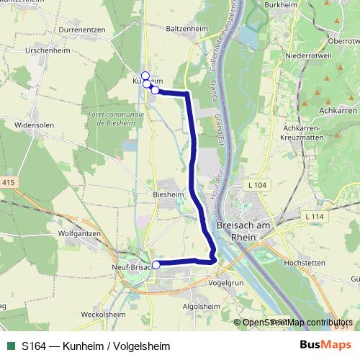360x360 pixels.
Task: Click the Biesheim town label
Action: pyautogui.click(x=169, y=194)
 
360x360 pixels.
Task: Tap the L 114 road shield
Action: pyautogui.click(x=315, y=217)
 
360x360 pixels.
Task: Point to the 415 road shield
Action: pyautogui.click(x=8, y=183)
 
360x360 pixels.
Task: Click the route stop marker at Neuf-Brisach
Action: pyautogui.click(x=156, y=265)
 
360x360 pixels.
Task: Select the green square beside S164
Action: pyautogui.click(x=11, y=346)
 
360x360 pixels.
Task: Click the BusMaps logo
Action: pyautogui.click(x=323, y=346)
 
